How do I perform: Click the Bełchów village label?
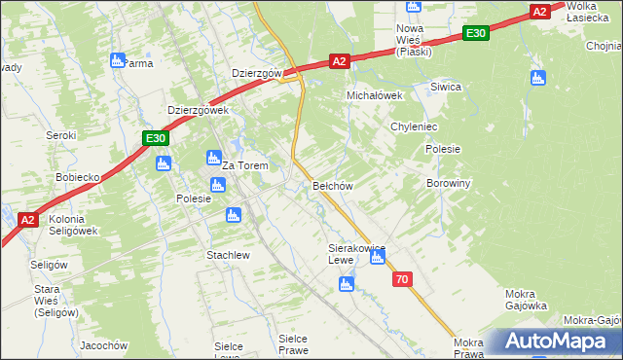tap(332, 185)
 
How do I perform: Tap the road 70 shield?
tap(403, 280)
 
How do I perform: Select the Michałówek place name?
tap(376, 95)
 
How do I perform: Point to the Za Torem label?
tap(245, 165)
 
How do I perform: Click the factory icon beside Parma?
tap(118, 60)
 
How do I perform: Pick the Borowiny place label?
tap(449, 182)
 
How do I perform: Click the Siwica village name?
tap(446, 87)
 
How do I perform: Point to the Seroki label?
tap(61, 135)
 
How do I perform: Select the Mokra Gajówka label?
tap(527, 300)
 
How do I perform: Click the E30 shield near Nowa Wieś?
tap(475, 34)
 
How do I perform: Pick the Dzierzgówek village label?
tap(198, 111)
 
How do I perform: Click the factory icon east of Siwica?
tap(536, 78)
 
